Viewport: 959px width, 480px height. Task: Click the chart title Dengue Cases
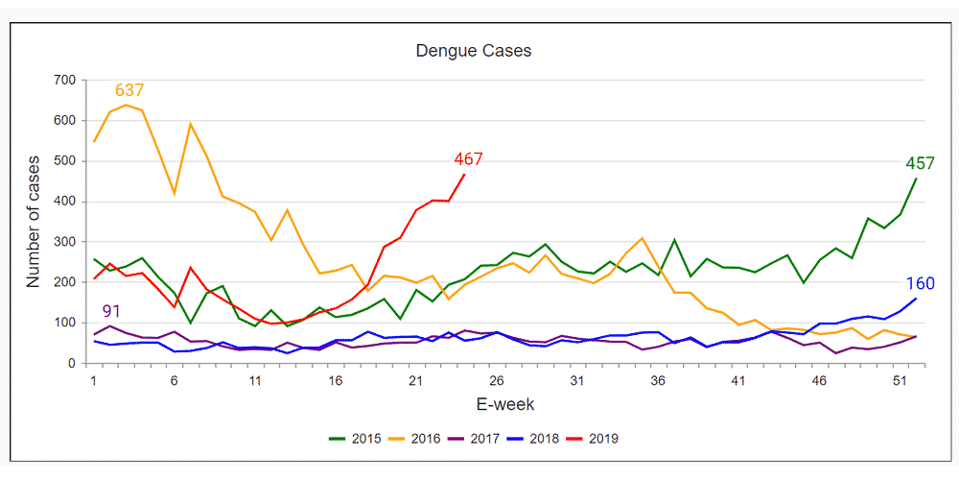coord(473,50)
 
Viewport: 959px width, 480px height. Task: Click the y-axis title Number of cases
coord(34,221)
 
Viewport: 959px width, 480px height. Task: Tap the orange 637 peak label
coord(129,90)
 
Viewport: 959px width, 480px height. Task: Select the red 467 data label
coord(468,159)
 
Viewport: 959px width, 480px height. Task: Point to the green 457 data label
coord(920,163)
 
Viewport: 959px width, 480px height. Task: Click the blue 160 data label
coord(921,283)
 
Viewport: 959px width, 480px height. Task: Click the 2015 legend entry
coord(354,439)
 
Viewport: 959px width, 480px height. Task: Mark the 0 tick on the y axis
coord(72,364)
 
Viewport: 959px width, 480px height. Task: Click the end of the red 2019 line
coord(464,175)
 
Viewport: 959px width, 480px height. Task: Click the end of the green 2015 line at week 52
coord(916,179)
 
